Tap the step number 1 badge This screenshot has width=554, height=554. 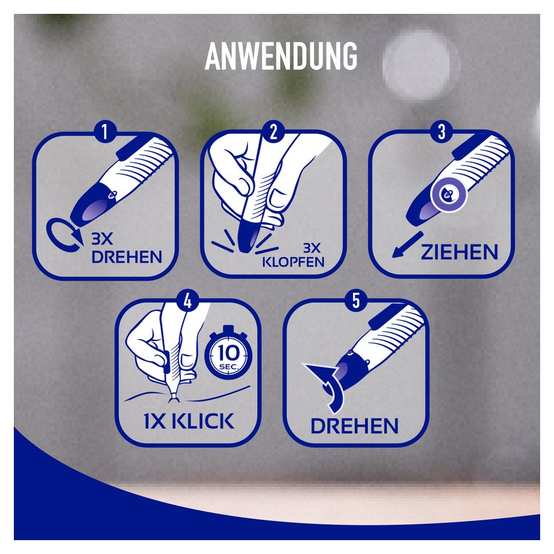[x=104, y=132]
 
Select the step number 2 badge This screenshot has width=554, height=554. [x=272, y=132]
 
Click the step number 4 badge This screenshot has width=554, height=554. [x=188, y=301]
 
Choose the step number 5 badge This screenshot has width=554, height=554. [x=356, y=301]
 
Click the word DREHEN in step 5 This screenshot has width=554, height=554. [x=354, y=425]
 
